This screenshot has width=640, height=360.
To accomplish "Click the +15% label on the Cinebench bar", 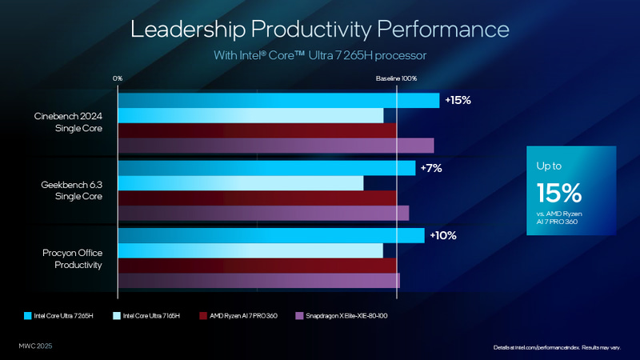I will [458, 101].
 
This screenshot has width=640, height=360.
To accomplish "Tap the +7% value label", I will [431, 169].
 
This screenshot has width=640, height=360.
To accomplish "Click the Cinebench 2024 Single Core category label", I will [69, 122].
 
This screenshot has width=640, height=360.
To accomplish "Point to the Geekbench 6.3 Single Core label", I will [73, 190].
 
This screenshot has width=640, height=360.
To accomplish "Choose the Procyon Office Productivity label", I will [72, 258].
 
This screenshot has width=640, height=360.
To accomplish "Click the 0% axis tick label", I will [118, 78].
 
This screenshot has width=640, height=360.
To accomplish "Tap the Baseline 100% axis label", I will [396, 78].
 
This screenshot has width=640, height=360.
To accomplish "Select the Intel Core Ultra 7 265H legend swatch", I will [28, 315].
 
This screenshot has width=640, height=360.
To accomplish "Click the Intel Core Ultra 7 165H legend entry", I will [151, 315].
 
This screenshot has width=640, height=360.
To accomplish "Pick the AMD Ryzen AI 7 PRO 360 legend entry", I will [243, 315].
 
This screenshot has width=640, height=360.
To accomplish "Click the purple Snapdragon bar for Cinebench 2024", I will [276, 145].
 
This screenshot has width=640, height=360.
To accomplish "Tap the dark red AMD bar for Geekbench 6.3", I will [257, 198].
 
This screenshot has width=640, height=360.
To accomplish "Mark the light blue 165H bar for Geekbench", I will [240, 182].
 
